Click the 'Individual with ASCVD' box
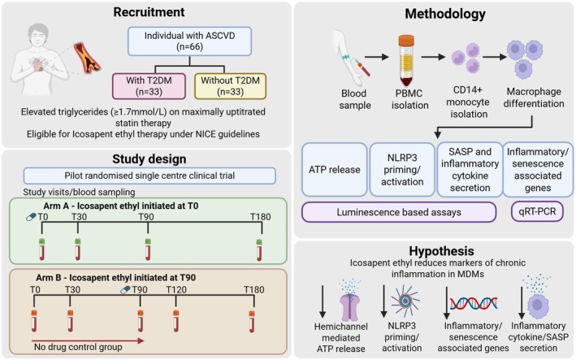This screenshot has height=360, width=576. (x=189, y=41)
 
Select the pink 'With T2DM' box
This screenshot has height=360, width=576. (x=149, y=86)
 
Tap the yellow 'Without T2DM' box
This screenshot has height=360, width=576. (x=231, y=86)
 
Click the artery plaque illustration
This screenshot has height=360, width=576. (x=87, y=58)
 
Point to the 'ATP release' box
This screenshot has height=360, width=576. (x=334, y=170)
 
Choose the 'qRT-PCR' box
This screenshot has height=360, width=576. (x=537, y=211)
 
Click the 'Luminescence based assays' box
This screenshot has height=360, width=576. (x=399, y=212)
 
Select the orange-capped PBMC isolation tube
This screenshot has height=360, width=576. (x=406, y=60)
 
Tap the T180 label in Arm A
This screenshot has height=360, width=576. (x=261, y=217)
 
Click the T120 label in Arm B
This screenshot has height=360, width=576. (x=176, y=290)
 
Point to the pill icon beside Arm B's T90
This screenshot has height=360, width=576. (x=126, y=290)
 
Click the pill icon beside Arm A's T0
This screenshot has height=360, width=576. (x=31, y=218)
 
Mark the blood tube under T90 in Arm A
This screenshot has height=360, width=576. (x=148, y=249)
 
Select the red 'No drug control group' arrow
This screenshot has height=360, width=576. (x=88, y=340)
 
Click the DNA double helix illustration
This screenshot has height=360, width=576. (x=474, y=303)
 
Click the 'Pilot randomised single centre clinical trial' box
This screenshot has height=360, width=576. (x=149, y=176)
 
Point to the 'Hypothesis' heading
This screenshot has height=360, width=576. (x=442, y=251)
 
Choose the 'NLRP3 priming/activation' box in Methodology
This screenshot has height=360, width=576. (x=402, y=170)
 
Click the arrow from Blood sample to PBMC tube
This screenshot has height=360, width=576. (x=377, y=57)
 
